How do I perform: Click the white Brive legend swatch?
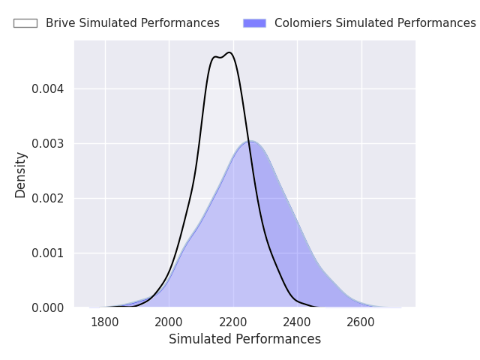click(x=25, y=23)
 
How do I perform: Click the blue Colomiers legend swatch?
click(x=255, y=23)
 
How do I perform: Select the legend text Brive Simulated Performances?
click(x=133, y=23)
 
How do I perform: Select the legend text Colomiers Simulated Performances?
click(x=375, y=23)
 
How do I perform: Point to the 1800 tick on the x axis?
click(x=105, y=322)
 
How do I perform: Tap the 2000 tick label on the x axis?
click(x=169, y=322)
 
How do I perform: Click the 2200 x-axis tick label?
click(x=233, y=322)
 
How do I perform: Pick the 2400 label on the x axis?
click(x=297, y=322)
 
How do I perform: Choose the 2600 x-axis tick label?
click(x=361, y=322)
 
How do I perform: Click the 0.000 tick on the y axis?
click(x=48, y=308)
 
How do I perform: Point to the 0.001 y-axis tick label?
click(x=48, y=253)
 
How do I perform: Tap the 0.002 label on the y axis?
click(x=48, y=198)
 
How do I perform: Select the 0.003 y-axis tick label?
click(x=48, y=143)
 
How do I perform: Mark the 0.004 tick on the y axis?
click(x=48, y=89)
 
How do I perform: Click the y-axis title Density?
click(x=20, y=175)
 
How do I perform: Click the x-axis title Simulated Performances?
click(x=245, y=339)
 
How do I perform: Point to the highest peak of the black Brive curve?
click(x=229, y=52)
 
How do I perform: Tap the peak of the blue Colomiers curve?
click(x=250, y=141)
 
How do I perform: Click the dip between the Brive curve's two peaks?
click(x=220, y=58)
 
